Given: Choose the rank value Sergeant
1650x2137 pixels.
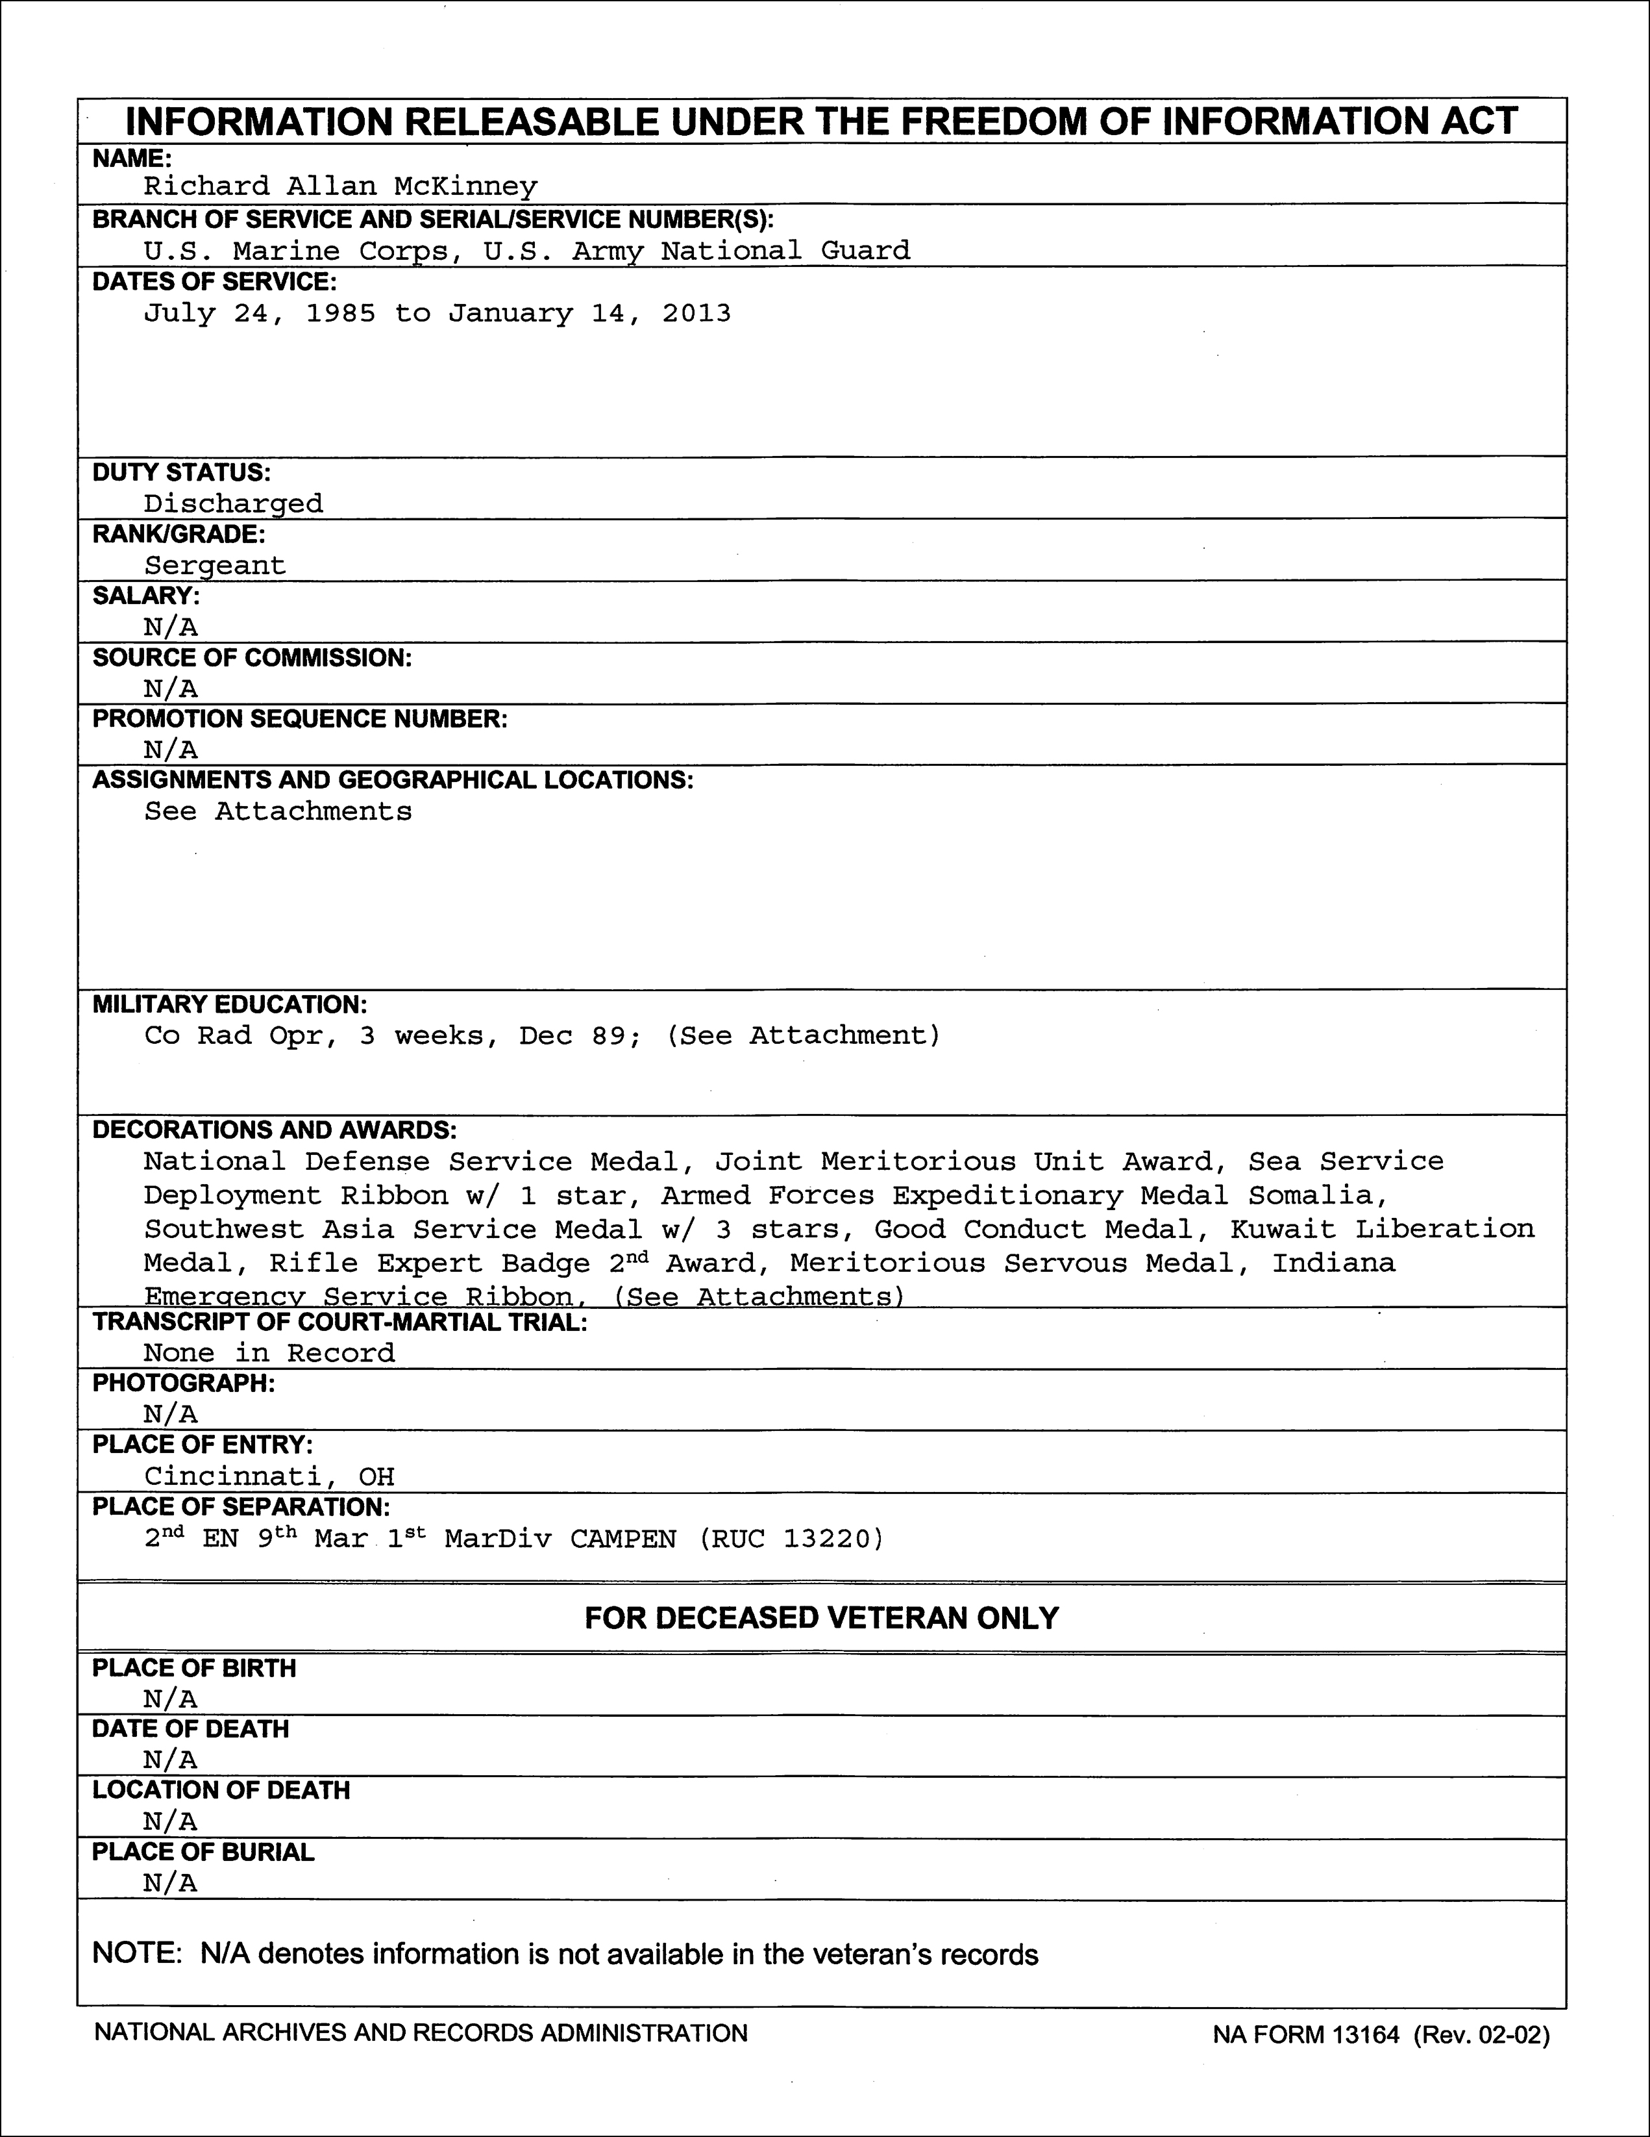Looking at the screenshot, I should (x=215, y=566).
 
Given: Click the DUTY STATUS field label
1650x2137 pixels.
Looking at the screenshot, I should (x=181, y=473).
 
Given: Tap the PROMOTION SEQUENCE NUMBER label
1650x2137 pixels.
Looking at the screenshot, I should (x=299, y=719).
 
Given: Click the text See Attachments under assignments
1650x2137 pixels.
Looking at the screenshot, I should (x=278, y=811).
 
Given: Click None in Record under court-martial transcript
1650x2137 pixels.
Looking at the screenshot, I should (x=269, y=1352).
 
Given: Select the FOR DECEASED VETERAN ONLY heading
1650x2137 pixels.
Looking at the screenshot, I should (x=822, y=1617).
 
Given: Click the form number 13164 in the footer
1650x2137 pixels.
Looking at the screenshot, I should (x=1364, y=2035).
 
